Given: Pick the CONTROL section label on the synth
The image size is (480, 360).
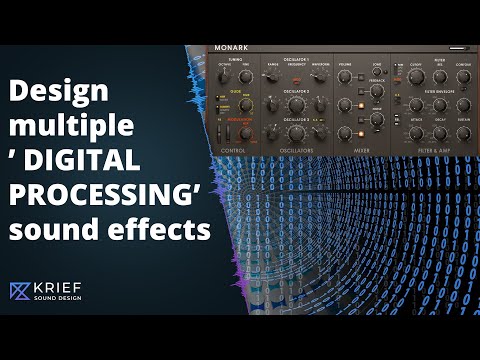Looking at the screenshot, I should click(232, 151).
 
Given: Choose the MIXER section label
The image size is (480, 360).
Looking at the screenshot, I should click(362, 151).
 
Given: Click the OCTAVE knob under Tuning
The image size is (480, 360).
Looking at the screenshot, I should click(225, 75).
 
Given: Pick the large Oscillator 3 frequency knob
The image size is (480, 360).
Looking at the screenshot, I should click(296, 133).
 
